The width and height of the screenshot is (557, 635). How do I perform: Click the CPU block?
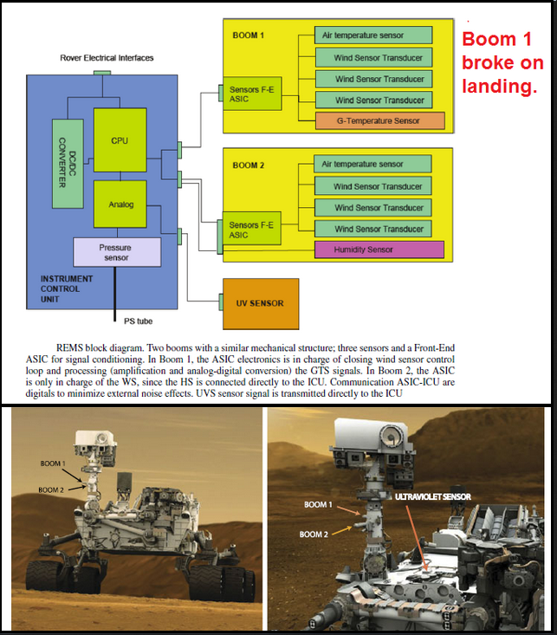120,140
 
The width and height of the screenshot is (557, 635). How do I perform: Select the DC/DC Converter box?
68,164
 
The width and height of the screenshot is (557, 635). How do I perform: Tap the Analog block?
120,204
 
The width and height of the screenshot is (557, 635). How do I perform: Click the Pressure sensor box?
117,252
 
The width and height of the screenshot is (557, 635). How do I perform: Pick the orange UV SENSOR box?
261,304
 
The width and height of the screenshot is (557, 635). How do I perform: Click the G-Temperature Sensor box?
380,120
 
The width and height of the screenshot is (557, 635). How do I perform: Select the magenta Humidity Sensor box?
379,249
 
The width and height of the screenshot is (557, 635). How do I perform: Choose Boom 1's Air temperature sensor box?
373,36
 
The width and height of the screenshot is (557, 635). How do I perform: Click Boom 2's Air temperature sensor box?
372,164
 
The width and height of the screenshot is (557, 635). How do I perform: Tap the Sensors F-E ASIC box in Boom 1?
252,94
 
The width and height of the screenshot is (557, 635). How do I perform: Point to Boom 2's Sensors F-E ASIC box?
251,229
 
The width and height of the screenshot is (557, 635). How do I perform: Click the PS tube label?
138,321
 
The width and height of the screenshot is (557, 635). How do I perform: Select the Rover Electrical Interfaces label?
107,58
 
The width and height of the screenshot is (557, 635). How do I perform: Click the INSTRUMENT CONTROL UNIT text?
67,288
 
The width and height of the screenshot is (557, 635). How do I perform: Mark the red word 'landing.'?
500,87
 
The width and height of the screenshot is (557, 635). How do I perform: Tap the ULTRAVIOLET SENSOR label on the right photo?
433,496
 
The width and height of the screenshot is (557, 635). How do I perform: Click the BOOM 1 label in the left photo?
53,463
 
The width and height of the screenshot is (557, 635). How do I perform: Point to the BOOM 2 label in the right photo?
314,535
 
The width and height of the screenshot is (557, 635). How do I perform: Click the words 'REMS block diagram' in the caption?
100,348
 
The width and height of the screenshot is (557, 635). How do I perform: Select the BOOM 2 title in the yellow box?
249,165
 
